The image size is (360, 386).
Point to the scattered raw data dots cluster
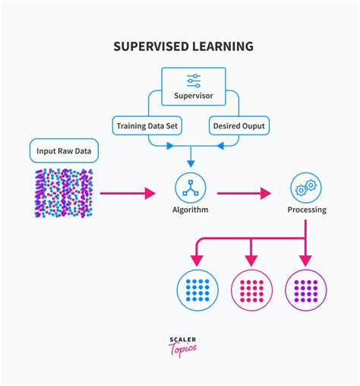click(x=64, y=193)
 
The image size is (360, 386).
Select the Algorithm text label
click(x=191, y=210)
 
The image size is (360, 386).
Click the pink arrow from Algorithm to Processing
click(x=244, y=193)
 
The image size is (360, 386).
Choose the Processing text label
click(x=306, y=210)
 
